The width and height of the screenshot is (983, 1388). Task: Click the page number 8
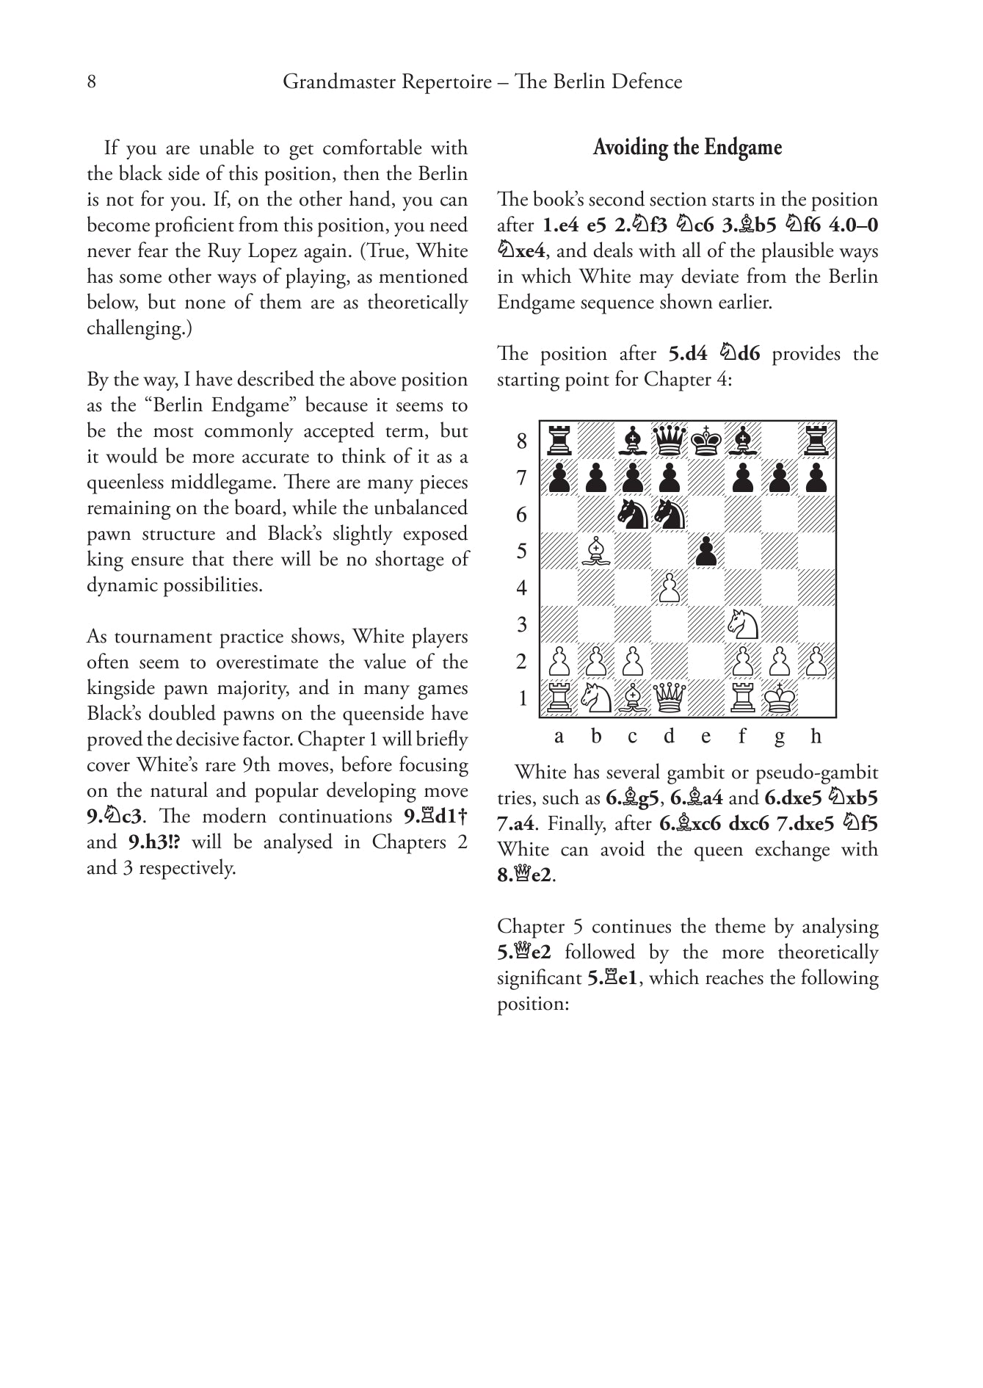point(91,82)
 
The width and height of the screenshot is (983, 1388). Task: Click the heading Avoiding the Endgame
point(687,148)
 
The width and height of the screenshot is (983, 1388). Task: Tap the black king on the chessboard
point(705,441)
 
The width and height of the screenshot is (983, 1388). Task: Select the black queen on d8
point(669,441)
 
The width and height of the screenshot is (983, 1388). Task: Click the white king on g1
point(779,698)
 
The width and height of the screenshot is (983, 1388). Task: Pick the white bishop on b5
point(596,551)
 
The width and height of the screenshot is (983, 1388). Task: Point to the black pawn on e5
point(705,551)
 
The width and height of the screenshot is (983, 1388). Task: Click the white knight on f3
point(742,624)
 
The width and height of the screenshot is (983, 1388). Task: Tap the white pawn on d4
point(669,588)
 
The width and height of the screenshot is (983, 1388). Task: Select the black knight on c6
point(632,514)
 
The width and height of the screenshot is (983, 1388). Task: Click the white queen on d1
point(669,698)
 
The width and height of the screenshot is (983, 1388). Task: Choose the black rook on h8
point(816,441)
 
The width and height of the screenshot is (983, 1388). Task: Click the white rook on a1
point(559,698)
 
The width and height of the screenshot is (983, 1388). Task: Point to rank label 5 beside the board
point(522,551)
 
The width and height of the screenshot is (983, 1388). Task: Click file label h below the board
point(816,736)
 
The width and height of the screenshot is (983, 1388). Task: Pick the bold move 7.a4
point(515,824)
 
